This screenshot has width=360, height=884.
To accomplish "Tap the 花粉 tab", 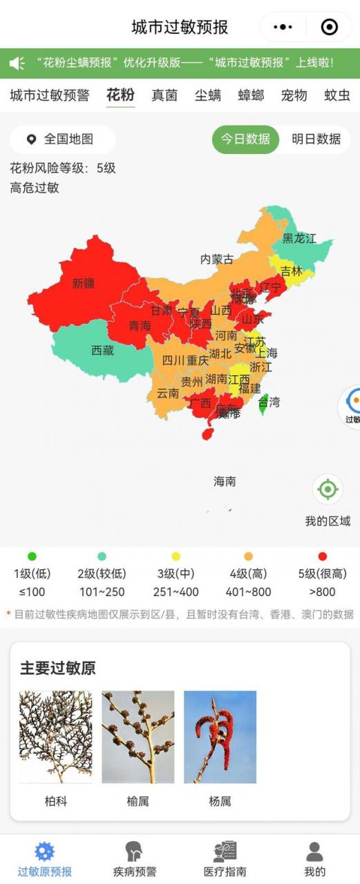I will (120, 95).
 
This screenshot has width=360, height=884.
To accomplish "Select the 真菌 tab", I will (164, 95).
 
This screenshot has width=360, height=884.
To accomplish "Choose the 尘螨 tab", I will (207, 95).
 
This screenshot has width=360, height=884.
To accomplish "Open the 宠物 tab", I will (294, 95).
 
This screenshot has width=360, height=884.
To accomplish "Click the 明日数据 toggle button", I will (316, 139).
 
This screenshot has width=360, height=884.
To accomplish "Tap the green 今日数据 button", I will (245, 139).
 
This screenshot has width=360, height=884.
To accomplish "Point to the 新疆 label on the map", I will (84, 283).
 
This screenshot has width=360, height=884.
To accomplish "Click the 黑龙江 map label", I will (299, 239).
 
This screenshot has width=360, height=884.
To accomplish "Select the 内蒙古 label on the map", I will (216, 260).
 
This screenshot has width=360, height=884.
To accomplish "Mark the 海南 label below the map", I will (225, 481).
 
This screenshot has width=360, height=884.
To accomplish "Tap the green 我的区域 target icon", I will (328, 490).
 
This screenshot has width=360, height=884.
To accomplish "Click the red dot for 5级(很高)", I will (322, 556).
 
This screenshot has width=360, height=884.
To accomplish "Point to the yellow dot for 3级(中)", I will (176, 556).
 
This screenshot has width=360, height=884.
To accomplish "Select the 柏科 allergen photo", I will (55, 737).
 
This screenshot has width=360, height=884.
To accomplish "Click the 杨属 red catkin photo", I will (220, 737).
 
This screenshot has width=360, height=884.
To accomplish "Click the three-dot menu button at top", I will (283, 27).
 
